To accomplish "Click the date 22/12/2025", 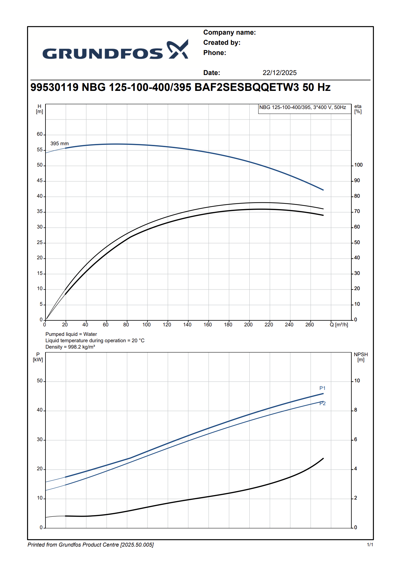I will [279, 73].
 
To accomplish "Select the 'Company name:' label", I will [229, 32].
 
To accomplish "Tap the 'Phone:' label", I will [215, 53].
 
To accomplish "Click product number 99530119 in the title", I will [54, 87].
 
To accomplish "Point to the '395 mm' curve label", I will [59, 144].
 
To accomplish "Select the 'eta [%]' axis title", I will [358, 109].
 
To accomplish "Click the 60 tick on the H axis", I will [40, 134].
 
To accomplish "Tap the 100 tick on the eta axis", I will [358, 165].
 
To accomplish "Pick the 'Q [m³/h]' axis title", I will [339, 325].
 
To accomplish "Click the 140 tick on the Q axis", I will [187, 325].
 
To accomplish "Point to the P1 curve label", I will [322, 388].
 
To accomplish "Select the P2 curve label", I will [322, 404].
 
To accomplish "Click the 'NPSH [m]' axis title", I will [361, 357].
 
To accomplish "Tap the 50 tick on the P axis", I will [40, 381].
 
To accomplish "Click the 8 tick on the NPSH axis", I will [356, 410].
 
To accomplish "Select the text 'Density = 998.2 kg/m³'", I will [70, 347].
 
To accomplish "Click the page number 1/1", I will [370, 545].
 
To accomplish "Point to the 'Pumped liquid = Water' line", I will [71, 334].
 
